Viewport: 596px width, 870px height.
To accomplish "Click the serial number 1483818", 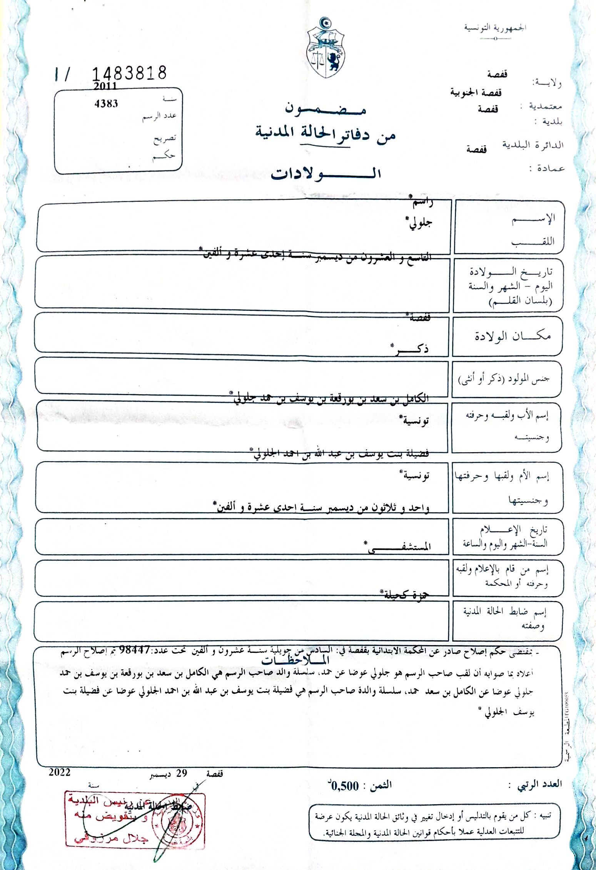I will click(x=130, y=73).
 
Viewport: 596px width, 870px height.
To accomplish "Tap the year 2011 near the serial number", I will click(x=105, y=86).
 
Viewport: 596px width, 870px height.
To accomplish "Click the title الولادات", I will click(x=326, y=174).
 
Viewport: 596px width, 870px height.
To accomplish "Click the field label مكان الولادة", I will click(x=512, y=336).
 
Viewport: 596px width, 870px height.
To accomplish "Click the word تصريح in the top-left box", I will click(x=165, y=138).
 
